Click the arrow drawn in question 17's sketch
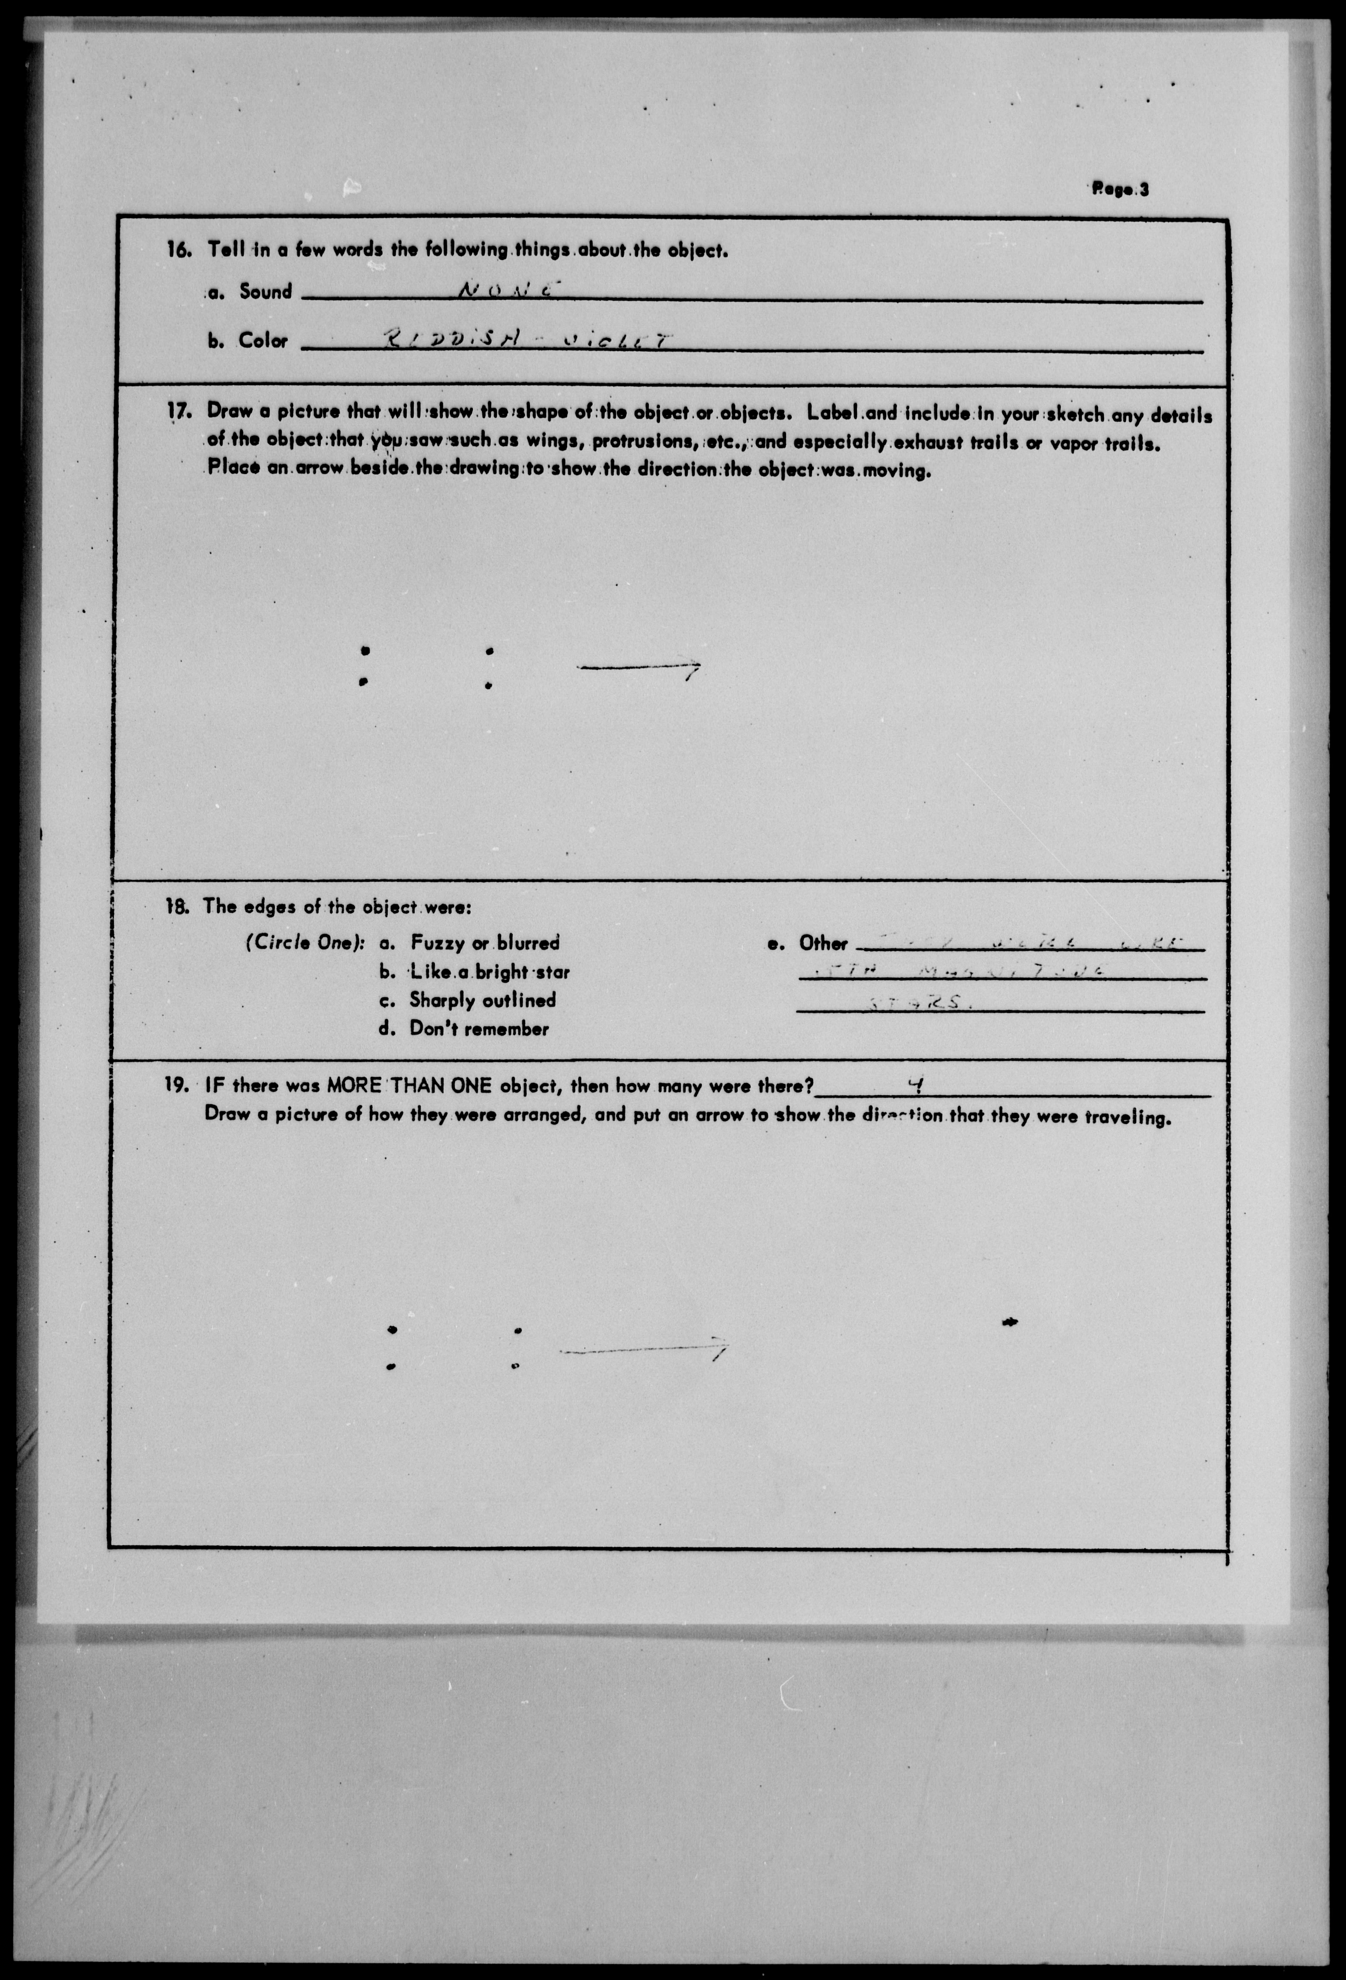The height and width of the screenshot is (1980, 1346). tap(639, 668)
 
